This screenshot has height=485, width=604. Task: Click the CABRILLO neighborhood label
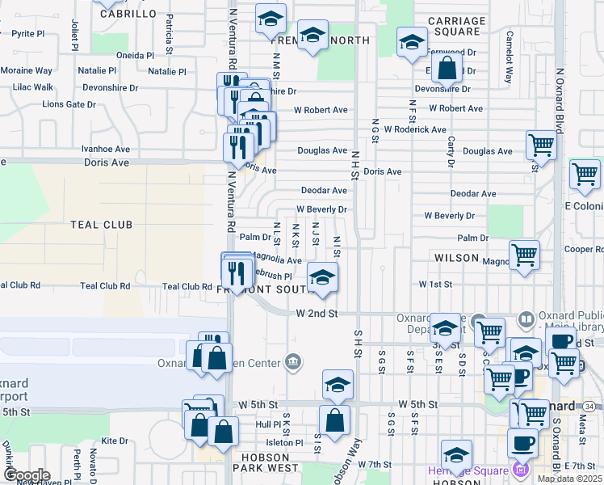point(128,14)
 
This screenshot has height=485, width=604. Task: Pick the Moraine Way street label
point(26,71)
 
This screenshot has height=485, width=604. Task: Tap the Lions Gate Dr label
point(69,105)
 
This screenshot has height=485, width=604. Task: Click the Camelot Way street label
point(510,58)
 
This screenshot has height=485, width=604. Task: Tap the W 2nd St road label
point(315,313)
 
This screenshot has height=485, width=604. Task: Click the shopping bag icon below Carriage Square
point(447,68)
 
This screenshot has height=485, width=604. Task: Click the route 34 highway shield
point(590,405)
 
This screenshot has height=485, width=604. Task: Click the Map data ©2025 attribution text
point(570,479)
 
